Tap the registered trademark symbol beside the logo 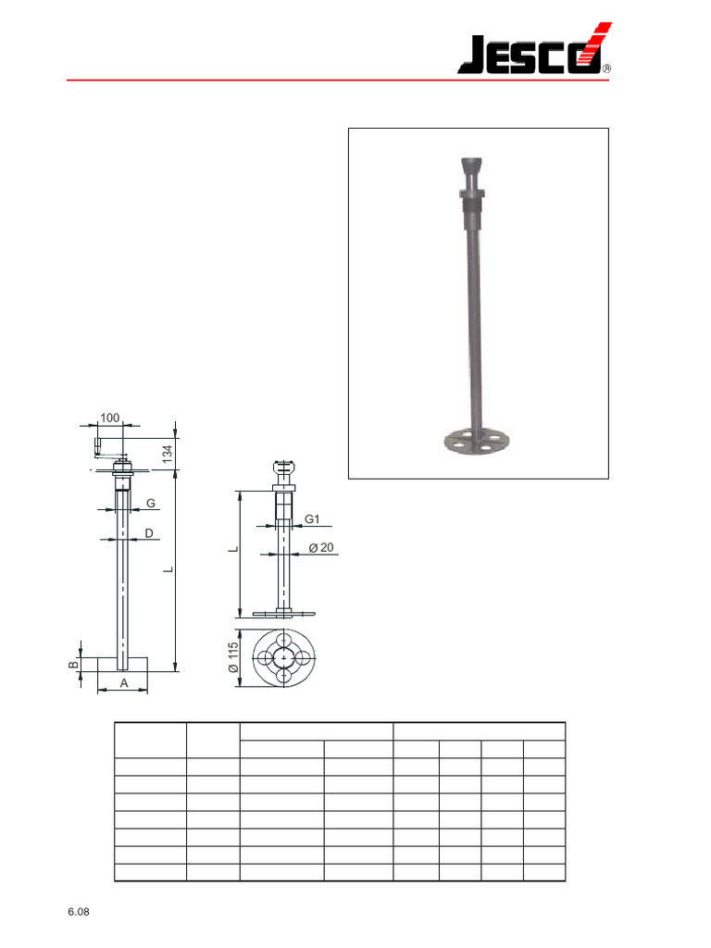click(x=606, y=68)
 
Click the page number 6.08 click(x=78, y=913)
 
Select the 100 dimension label click(x=110, y=418)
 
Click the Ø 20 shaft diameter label click(x=320, y=547)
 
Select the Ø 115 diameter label click(x=235, y=656)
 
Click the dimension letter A click(x=123, y=683)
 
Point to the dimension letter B click(x=72, y=663)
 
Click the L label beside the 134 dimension click(x=168, y=570)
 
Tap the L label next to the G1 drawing click(x=235, y=550)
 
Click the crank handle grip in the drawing click(x=96, y=445)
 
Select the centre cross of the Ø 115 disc click(x=283, y=656)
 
